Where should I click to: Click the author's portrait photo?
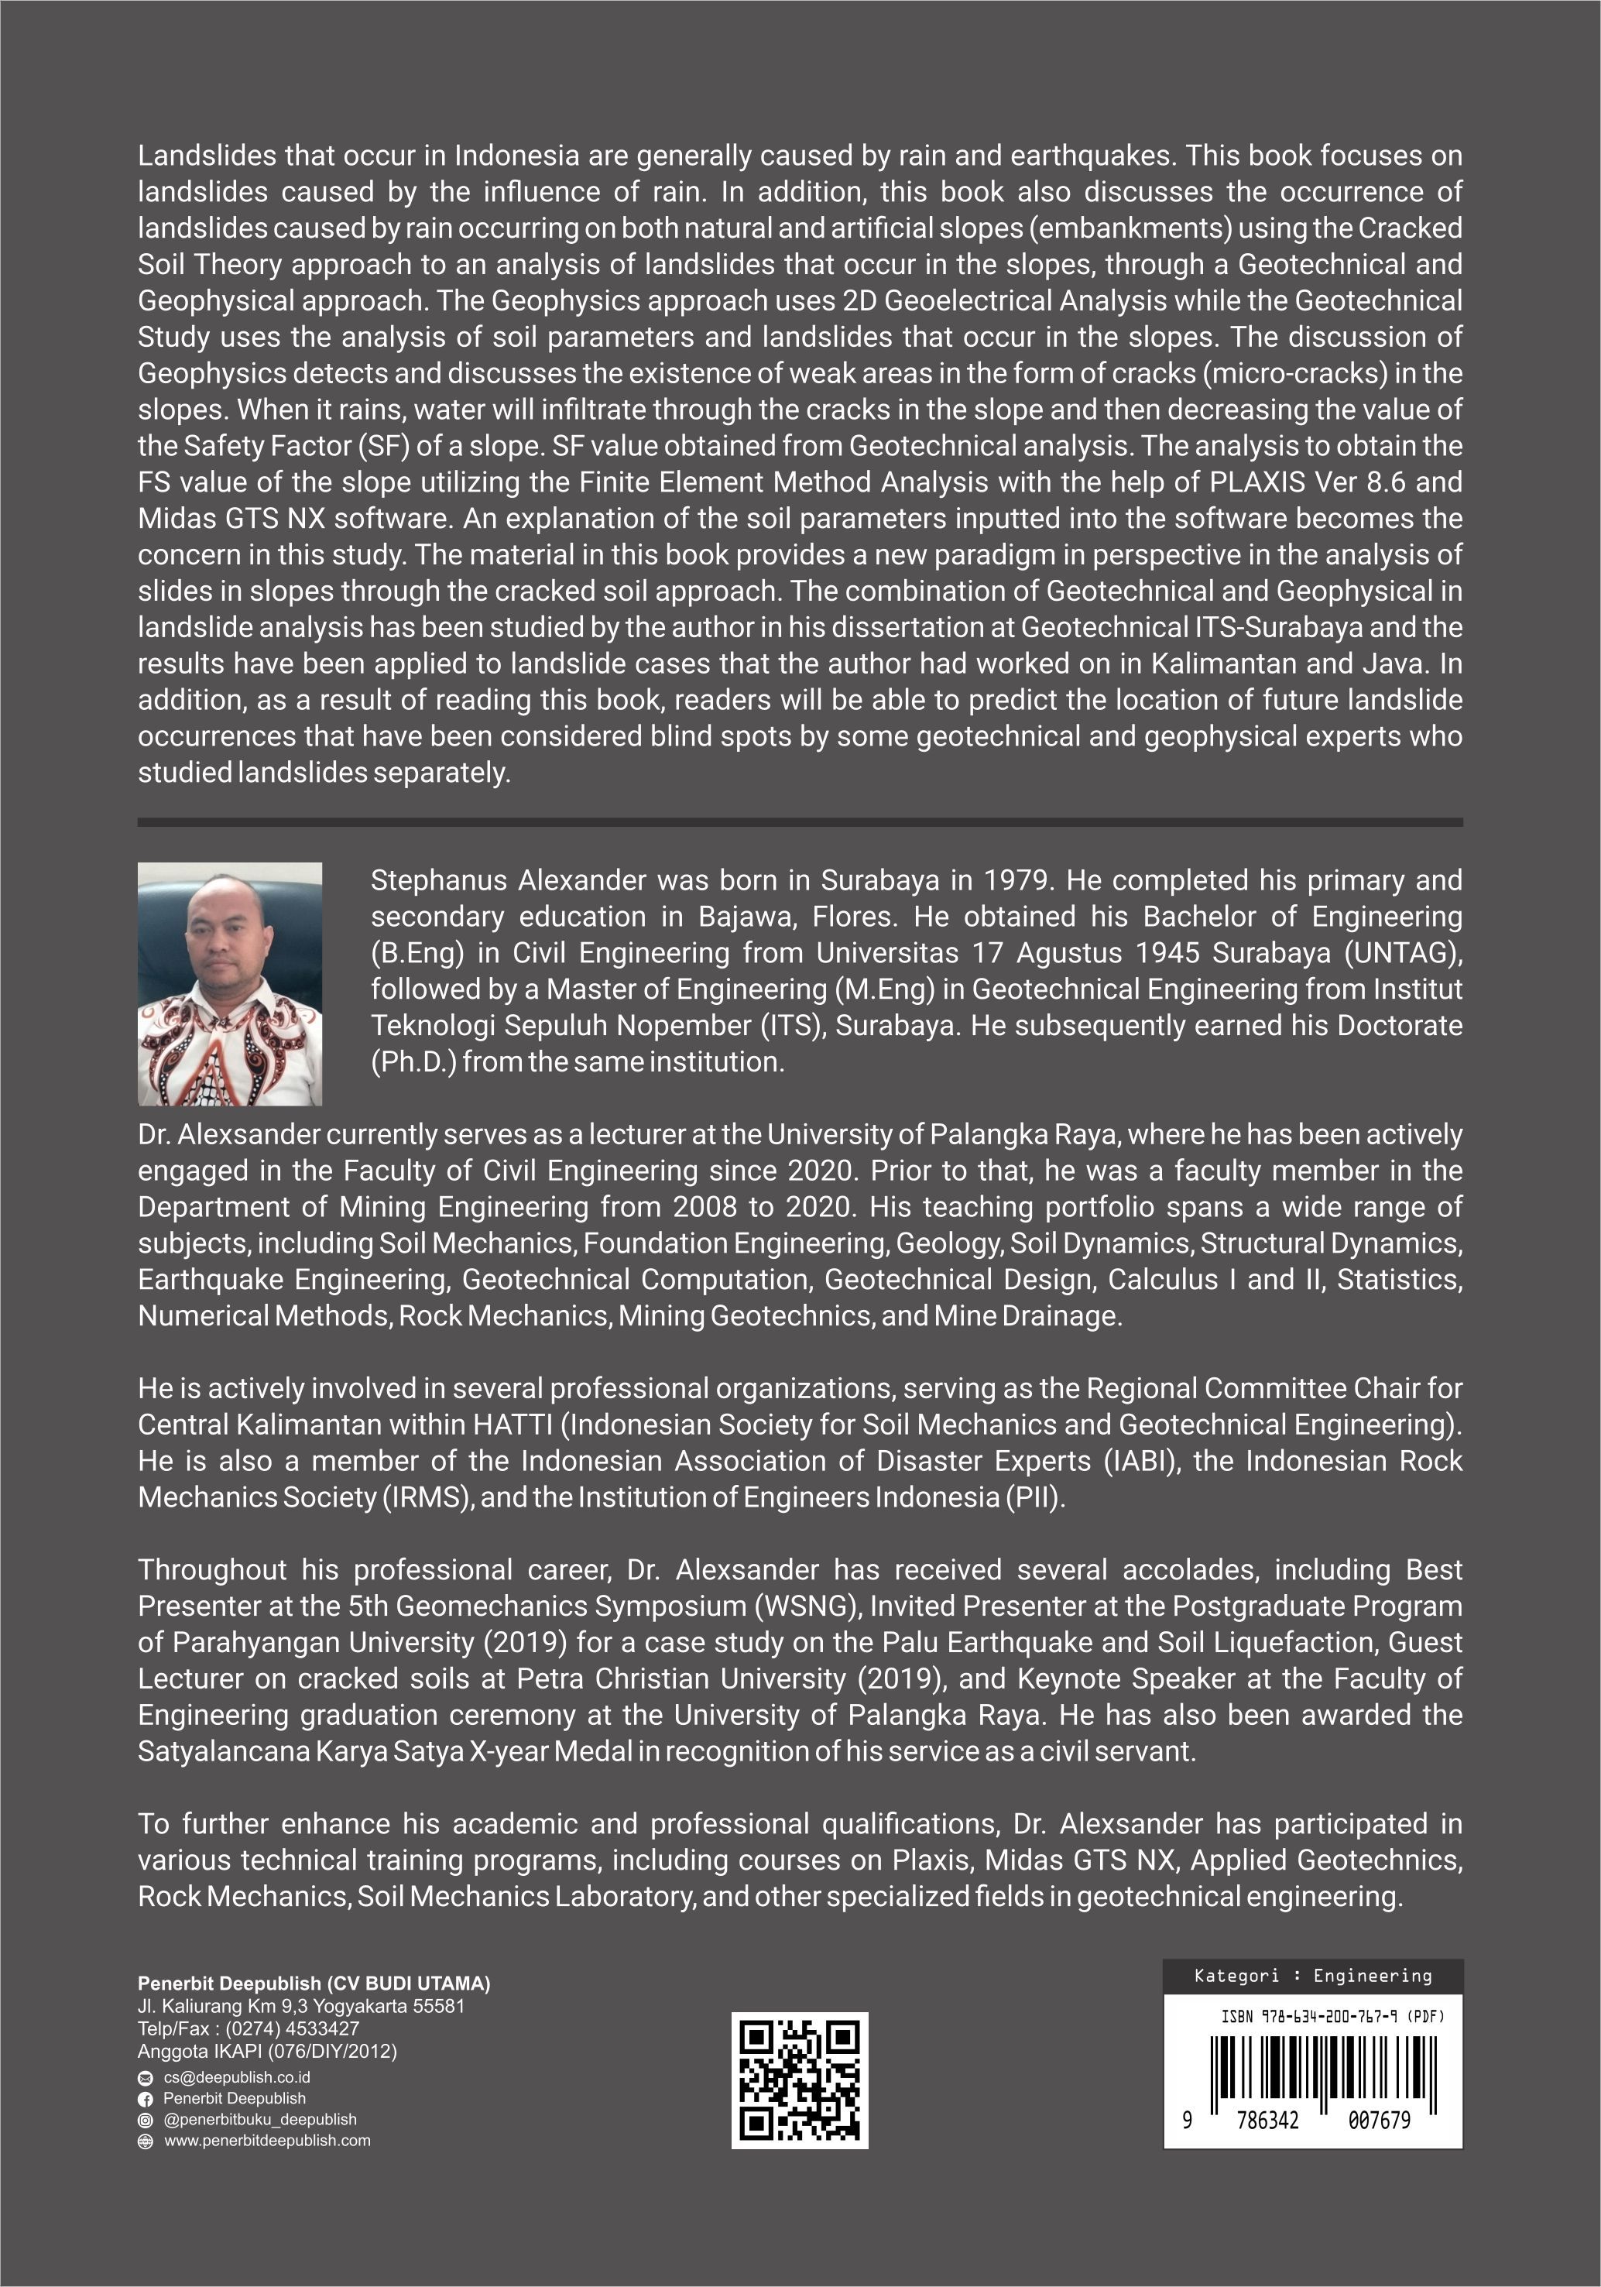[x=229, y=983]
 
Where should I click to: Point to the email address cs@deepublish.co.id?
[x=237, y=2078]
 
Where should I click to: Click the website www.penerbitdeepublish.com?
[x=267, y=2141]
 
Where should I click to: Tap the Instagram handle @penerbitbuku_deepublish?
[x=260, y=2120]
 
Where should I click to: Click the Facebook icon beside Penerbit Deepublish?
[x=146, y=2099]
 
